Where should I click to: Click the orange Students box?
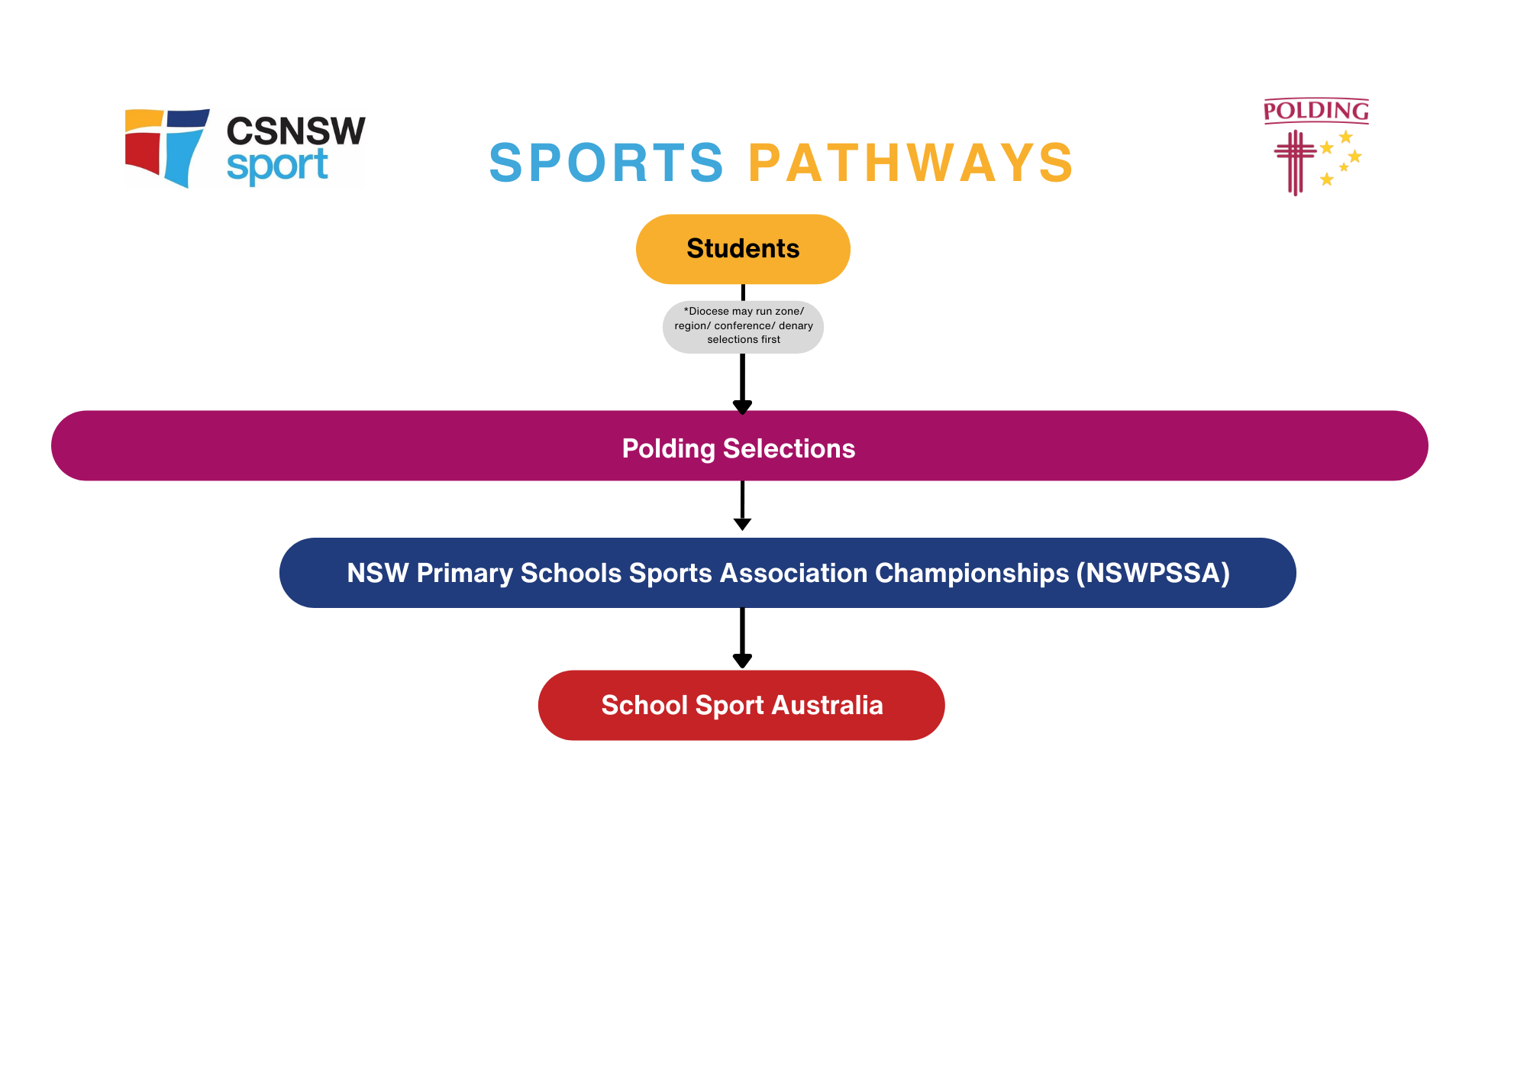click(742, 249)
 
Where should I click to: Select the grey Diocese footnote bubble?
click(743, 326)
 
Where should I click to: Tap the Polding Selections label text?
click(738, 448)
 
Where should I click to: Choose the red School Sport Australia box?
click(741, 705)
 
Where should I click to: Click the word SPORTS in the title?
click(606, 163)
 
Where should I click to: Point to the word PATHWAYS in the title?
click(911, 163)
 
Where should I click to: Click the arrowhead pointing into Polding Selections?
click(742, 406)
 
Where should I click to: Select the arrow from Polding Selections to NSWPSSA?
click(742, 506)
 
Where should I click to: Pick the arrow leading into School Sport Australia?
click(742, 639)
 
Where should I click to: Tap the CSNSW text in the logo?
click(295, 131)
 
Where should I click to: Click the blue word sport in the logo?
click(277, 166)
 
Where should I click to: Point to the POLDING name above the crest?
click(1316, 112)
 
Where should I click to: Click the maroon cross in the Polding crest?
click(1295, 160)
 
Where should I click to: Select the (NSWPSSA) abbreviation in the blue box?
click(1153, 573)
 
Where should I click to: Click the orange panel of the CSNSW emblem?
click(144, 120)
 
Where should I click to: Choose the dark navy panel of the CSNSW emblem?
click(187, 118)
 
